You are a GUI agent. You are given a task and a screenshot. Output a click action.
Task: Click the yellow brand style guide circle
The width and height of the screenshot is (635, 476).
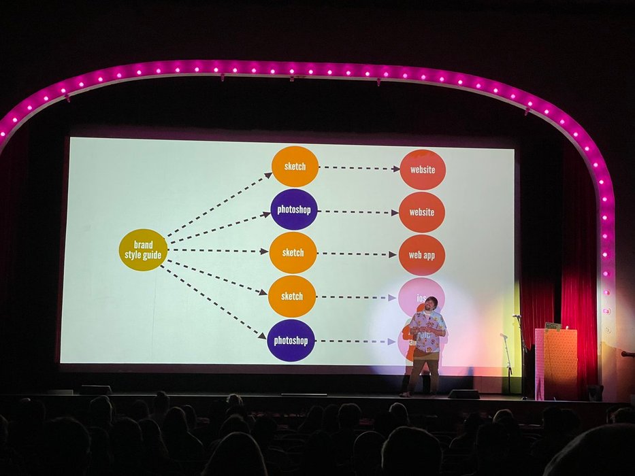point(143,250)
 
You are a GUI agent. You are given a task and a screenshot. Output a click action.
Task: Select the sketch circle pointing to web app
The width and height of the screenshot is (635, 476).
point(293,252)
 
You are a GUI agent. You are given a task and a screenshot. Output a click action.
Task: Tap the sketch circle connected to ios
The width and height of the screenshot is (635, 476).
point(292,296)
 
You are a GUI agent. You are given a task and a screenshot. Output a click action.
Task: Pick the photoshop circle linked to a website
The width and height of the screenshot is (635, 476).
point(294,209)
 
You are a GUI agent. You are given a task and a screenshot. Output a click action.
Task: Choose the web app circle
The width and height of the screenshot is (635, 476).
point(421,255)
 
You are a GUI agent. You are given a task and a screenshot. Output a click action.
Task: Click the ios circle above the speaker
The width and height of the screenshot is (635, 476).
point(421,294)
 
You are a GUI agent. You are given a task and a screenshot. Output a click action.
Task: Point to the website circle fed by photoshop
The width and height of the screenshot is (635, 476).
point(422,212)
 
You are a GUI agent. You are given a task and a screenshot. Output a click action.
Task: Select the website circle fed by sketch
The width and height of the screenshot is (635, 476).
point(423,169)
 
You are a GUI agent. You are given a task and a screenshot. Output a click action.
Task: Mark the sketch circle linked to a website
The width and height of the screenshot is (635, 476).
point(295,167)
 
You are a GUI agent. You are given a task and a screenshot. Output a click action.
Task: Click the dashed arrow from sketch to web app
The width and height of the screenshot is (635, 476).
point(357,254)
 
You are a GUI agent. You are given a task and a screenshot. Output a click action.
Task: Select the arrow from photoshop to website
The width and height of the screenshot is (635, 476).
point(357,211)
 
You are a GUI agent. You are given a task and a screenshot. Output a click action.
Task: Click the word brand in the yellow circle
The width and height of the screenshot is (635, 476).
point(143,244)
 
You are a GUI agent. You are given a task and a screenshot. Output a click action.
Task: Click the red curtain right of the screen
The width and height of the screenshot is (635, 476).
point(579,272)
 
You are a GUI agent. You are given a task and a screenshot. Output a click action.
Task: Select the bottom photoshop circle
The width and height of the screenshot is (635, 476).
point(291,341)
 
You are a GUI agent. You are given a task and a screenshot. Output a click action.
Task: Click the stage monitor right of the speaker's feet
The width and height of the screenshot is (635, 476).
point(463,394)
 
